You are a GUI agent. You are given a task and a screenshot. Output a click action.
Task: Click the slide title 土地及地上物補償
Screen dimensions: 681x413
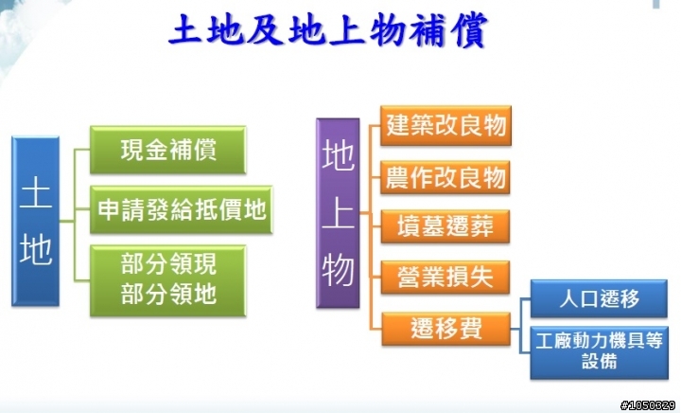329,29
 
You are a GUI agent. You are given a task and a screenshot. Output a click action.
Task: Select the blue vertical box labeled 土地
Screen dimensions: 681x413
35,221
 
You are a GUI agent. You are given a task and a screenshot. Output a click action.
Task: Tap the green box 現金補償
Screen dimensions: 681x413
168,150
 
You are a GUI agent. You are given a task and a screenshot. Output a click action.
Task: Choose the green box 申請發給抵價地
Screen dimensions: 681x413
181,209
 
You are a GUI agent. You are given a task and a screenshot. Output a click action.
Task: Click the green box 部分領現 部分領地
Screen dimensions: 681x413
168,280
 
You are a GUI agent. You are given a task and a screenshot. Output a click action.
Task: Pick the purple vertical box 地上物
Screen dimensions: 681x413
338,213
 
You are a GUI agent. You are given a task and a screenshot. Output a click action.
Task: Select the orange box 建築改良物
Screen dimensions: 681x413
446,125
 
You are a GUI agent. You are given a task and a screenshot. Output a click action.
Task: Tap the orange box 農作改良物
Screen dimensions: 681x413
445,177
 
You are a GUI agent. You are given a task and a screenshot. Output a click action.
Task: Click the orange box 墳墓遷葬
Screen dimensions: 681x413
445,226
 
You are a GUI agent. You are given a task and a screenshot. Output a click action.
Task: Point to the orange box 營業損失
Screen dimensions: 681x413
445,278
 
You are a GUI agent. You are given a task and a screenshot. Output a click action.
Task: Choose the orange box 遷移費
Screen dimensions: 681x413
446,329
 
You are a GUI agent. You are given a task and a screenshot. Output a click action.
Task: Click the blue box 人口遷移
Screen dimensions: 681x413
599,298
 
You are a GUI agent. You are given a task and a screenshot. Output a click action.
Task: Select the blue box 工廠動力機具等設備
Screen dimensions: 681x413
600,352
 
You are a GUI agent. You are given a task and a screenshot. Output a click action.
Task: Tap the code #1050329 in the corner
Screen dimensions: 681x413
648,406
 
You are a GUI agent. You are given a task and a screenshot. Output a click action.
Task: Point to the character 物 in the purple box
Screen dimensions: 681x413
338,270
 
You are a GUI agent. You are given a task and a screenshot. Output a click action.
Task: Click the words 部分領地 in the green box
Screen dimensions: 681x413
168,294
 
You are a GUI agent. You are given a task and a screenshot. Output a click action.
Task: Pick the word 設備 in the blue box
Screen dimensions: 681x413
600,361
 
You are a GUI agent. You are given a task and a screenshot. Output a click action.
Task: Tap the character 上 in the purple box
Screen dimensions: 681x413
338,214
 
